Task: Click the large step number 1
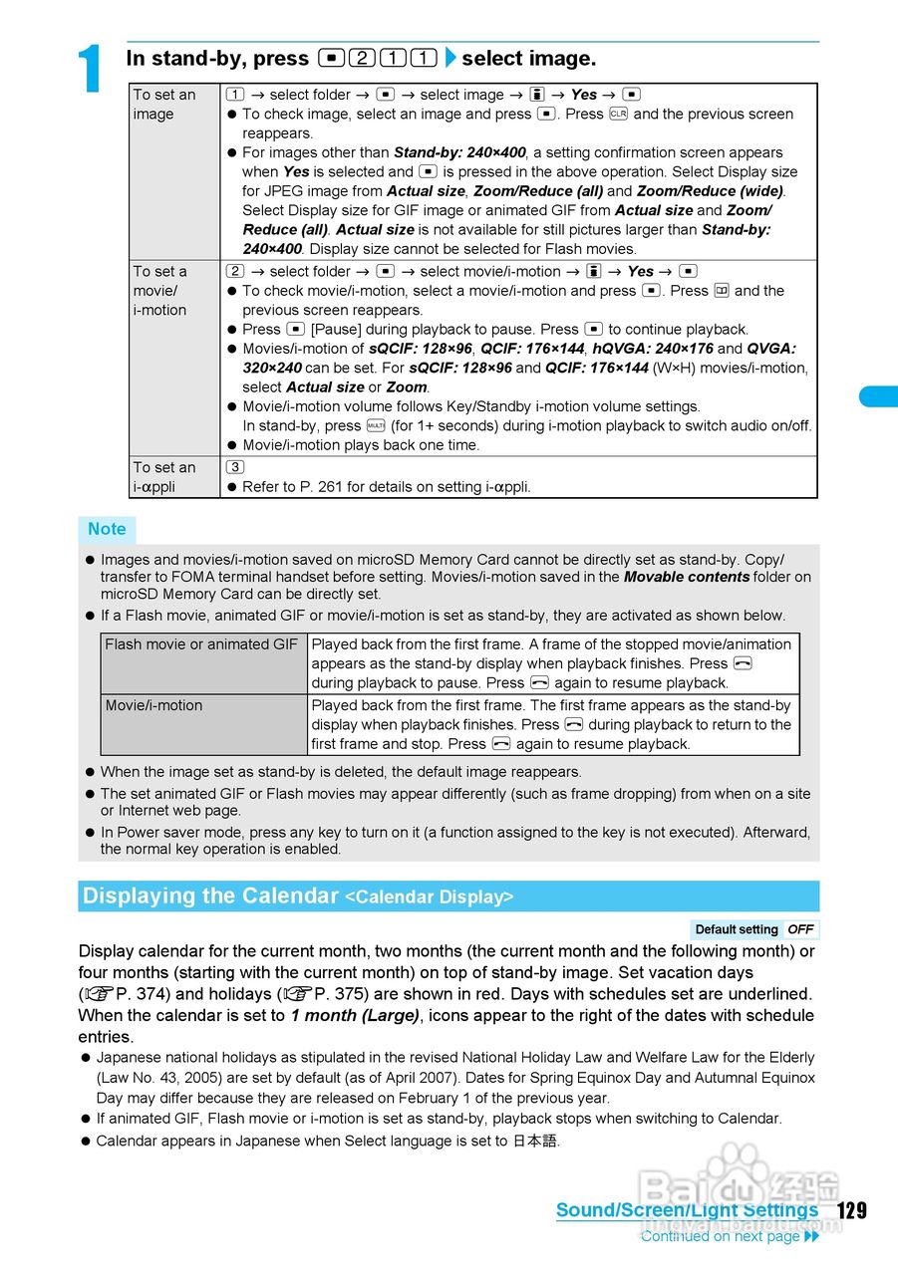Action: tap(91, 70)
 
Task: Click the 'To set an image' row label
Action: tap(165, 105)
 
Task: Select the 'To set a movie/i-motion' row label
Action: tap(160, 290)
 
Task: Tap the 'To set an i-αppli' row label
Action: tap(164, 477)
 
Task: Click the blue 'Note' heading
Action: tap(107, 529)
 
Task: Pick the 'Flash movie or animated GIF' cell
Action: tap(202, 644)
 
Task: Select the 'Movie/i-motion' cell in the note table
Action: tap(154, 705)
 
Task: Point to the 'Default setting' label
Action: tap(737, 929)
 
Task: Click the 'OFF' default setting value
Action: tap(800, 929)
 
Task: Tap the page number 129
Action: tap(851, 1210)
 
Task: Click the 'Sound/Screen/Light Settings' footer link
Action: tap(687, 1210)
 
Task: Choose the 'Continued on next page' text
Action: tap(720, 1236)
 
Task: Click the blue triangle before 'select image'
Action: tap(449, 59)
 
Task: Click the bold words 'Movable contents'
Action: tap(687, 577)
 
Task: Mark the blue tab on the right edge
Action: tap(879, 396)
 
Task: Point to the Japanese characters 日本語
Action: tap(535, 1141)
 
